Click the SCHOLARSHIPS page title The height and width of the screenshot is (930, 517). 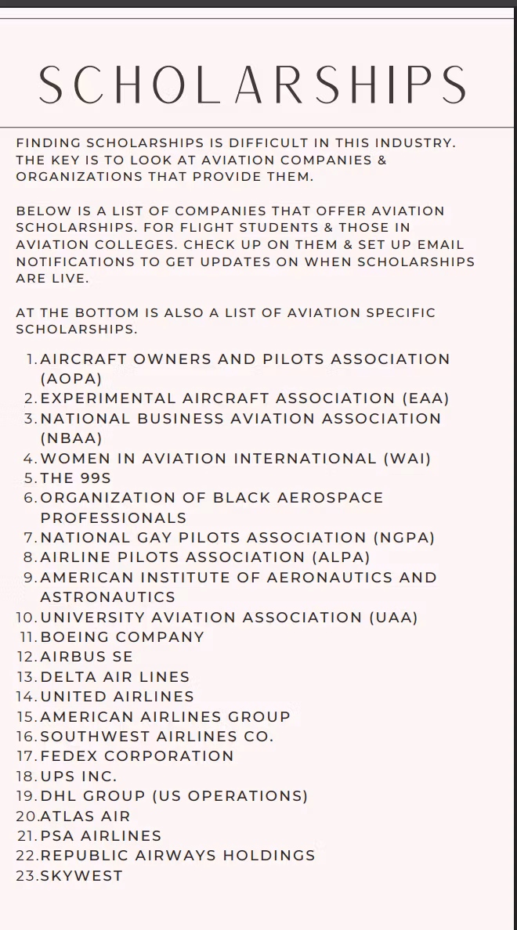click(x=252, y=85)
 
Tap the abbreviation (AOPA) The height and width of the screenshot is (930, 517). click(x=71, y=379)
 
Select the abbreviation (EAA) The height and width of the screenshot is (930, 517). click(x=425, y=398)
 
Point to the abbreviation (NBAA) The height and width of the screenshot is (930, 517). click(x=71, y=438)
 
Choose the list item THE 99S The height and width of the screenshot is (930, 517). click(x=76, y=478)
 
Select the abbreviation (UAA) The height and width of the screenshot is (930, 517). click(x=393, y=618)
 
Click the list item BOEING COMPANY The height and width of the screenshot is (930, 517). click(x=122, y=637)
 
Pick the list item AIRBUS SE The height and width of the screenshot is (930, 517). click(x=87, y=657)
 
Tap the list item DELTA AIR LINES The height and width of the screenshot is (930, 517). click(x=115, y=677)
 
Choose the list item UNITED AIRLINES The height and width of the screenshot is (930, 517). click(x=117, y=697)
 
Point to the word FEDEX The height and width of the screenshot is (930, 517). click(x=68, y=756)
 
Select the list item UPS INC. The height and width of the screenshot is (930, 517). click(x=78, y=777)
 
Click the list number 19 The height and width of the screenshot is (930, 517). click(x=26, y=796)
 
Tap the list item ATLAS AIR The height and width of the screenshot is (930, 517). click(x=86, y=816)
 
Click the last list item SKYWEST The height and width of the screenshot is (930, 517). click(x=81, y=876)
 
